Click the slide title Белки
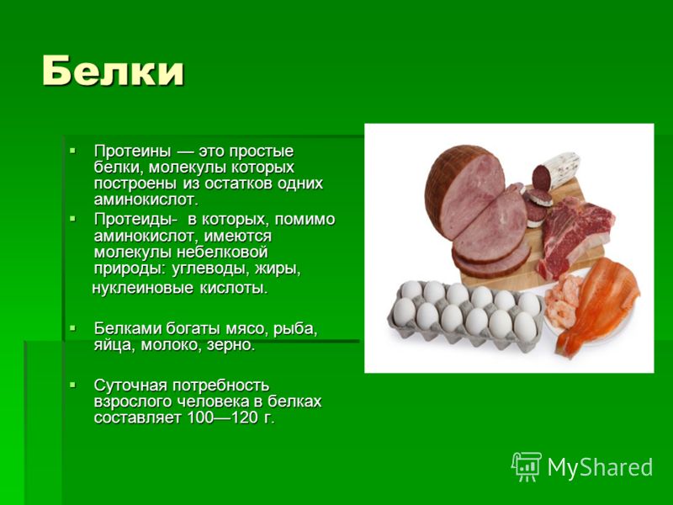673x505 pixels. (x=114, y=71)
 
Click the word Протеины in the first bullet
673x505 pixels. (x=133, y=151)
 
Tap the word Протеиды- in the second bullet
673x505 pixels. (x=135, y=219)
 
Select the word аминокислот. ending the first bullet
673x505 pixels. (x=146, y=199)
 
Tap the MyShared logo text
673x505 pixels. (x=600, y=467)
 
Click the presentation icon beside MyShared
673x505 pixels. (x=527, y=467)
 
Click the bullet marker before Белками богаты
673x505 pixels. (x=72, y=328)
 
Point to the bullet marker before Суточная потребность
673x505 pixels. (x=72, y=385)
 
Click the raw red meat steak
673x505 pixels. (x=573, y=237)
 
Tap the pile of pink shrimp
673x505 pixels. (x=563, y=300)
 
